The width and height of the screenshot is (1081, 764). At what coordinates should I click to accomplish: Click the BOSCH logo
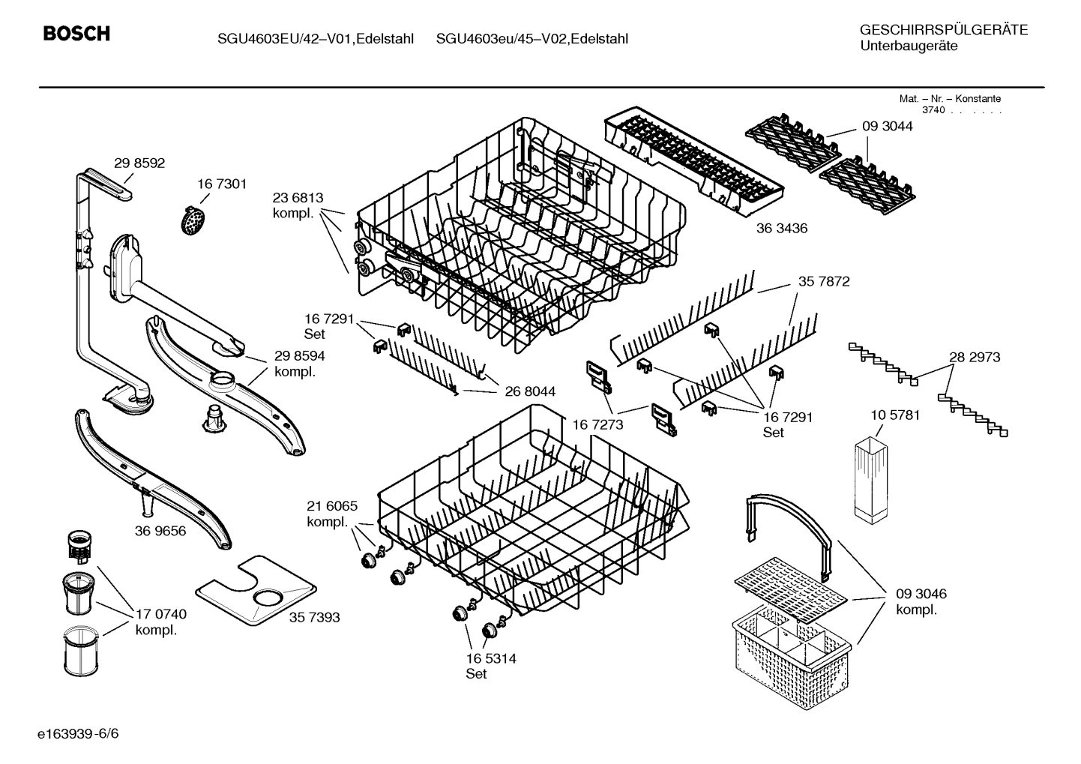(76, 34)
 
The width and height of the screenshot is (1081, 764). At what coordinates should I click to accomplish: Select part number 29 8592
(139, 163)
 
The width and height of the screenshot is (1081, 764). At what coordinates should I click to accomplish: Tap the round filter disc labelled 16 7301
(194, 219)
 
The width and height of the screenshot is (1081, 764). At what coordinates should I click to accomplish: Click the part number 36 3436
(781, 228)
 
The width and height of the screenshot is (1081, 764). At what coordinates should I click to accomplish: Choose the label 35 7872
(824, 282)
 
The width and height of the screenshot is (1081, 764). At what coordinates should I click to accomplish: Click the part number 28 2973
(975, 357)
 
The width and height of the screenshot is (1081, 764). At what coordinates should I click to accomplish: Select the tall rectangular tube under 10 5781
(870, 480)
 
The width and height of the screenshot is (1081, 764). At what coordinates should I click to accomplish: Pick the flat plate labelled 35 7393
(255, 592)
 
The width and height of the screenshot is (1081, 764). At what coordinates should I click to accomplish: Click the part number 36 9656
(160, 531)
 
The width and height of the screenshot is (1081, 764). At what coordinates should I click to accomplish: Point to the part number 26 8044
(530, 391)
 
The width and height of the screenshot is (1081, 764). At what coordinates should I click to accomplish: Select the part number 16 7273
(597, 424)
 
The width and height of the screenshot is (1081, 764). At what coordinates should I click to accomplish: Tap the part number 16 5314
(490, 658)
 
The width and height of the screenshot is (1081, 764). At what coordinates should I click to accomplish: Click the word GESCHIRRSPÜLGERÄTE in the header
(943, 30)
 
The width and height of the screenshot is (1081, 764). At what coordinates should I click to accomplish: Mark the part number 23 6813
(298, 198)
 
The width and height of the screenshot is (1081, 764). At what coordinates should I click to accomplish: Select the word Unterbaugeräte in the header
(909, 46)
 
